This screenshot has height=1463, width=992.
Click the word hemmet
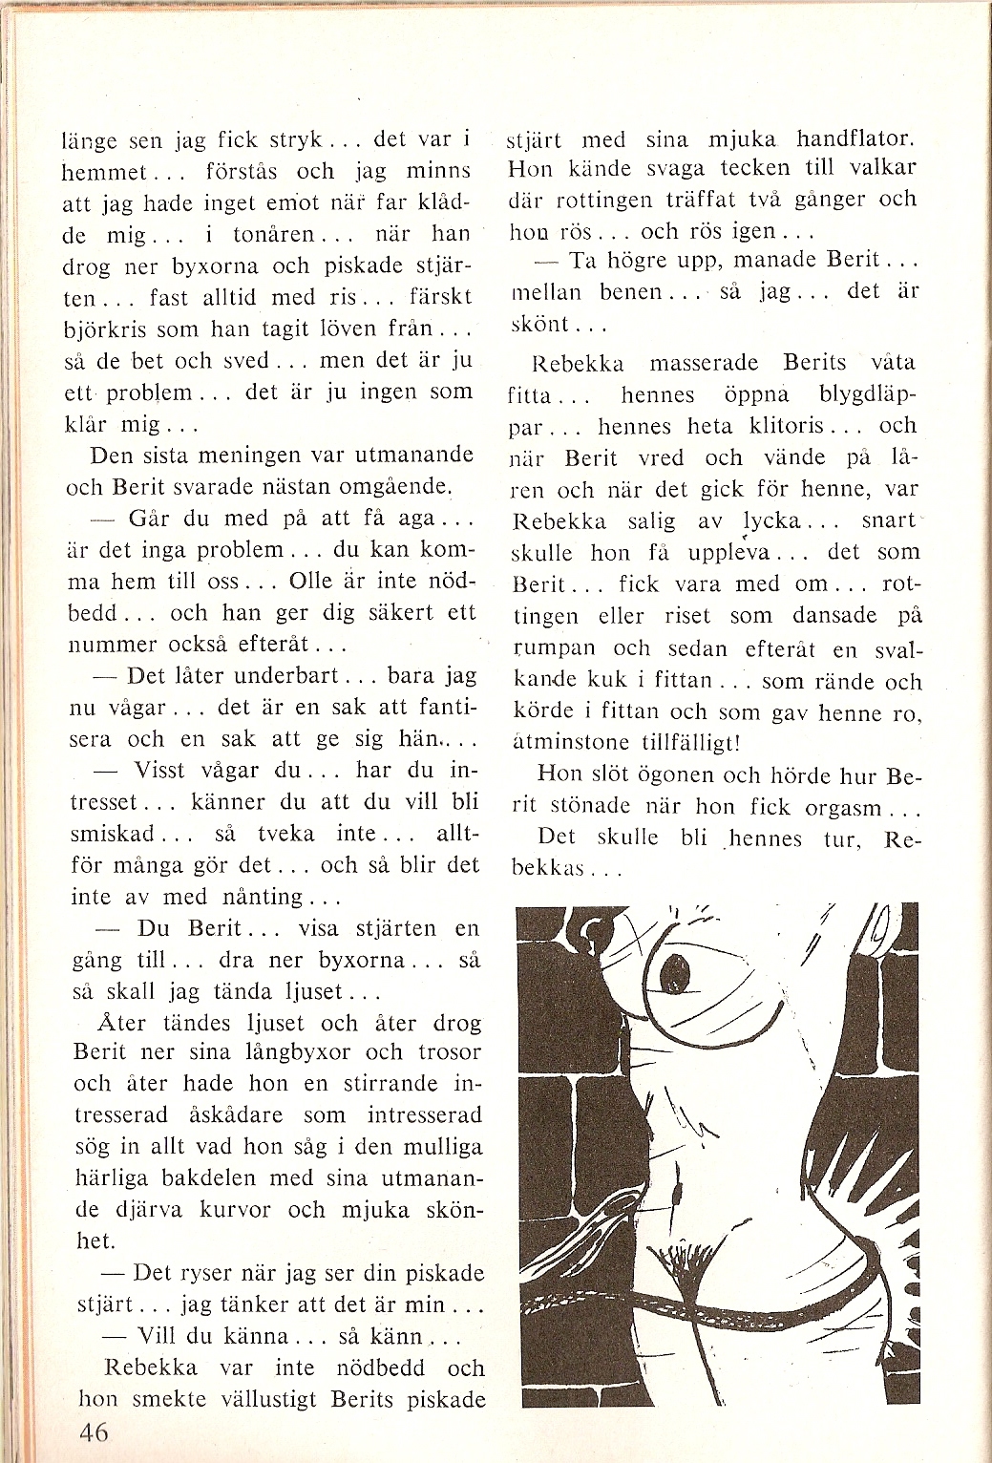tap(104, 173)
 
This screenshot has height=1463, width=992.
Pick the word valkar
tap(878, 168)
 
